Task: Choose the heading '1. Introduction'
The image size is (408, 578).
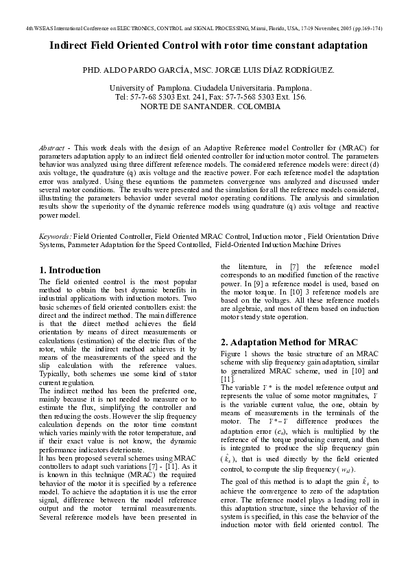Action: point(70,270)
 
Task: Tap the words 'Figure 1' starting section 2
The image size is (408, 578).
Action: point(235,353)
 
